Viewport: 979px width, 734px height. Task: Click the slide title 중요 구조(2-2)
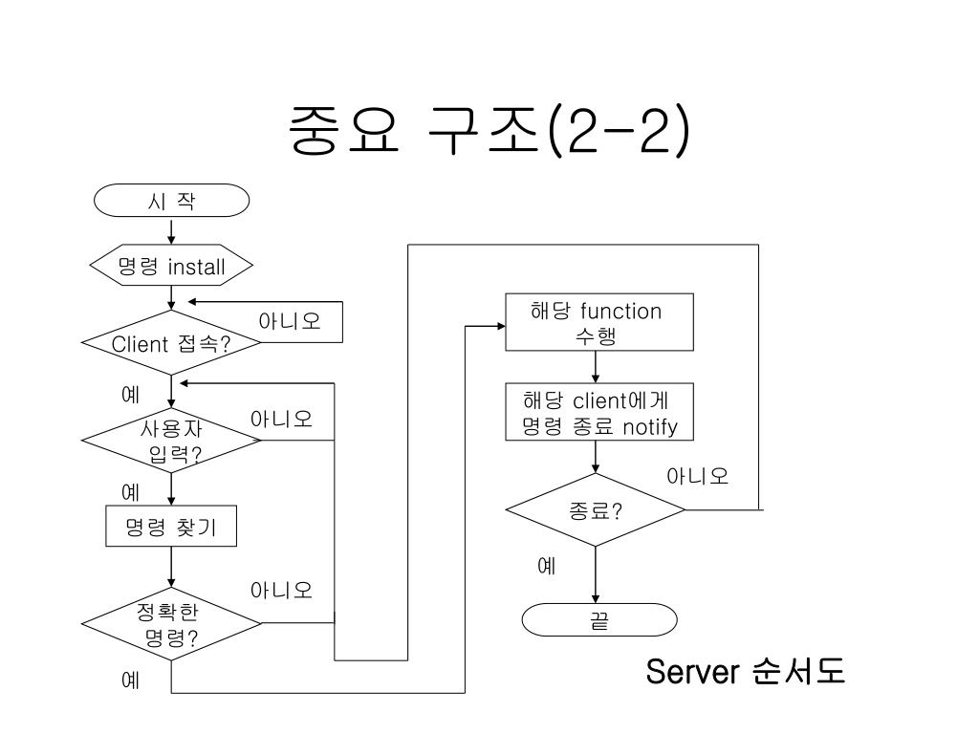point(488,133)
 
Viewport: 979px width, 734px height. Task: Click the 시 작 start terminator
point(171,201)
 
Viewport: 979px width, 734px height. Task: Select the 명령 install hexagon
point(171,267)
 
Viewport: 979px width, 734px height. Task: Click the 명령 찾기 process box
point(171,526)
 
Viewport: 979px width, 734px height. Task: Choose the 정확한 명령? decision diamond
point(171,624)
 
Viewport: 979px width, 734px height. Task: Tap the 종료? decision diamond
point(596,509)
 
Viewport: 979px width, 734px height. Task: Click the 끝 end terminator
point(599,620)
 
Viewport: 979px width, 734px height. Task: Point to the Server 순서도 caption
point(745,672)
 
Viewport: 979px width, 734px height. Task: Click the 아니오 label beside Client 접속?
point(290,321)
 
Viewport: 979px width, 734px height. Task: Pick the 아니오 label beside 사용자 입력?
point(281,420)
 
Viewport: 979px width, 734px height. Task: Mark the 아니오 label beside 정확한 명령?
point(281,590)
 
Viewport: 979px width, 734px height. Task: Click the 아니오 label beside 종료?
point(698,476)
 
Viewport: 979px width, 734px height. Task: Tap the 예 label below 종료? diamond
point(547,565)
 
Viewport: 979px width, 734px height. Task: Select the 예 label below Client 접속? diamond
point(131,393)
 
